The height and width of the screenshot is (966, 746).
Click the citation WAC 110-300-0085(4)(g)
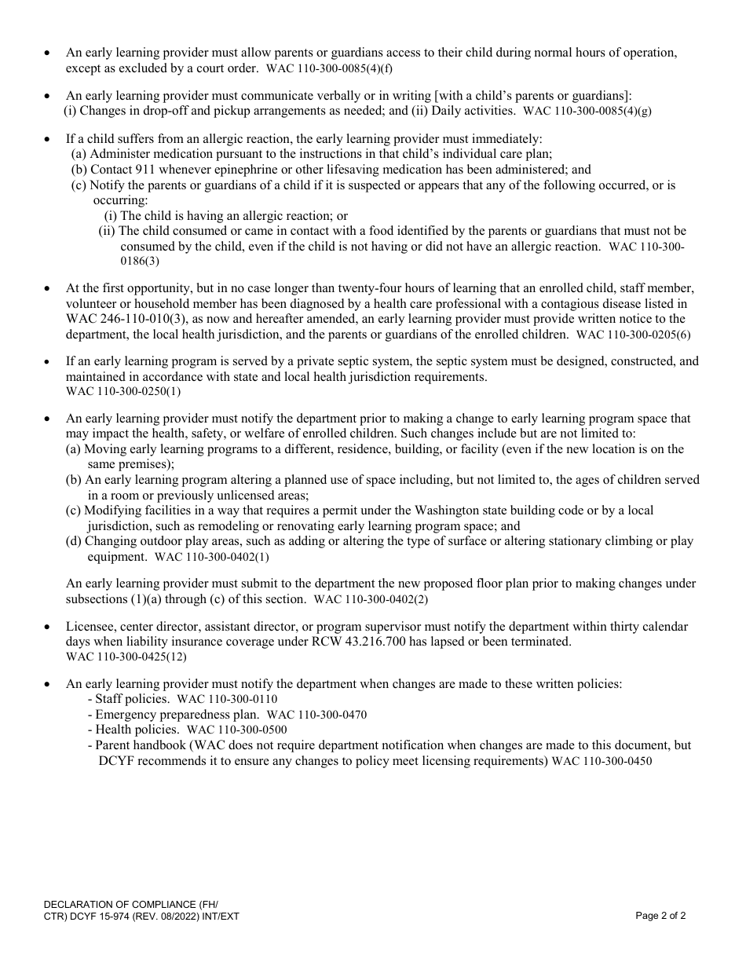(x=587, y=112)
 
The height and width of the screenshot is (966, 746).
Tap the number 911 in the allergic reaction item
(x=148, y=170)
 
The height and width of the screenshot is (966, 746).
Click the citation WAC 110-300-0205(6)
(x=634, y=335)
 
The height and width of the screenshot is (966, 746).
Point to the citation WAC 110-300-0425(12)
(x=126, y=657)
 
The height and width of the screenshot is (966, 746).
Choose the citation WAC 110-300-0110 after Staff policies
(x=228, y=699)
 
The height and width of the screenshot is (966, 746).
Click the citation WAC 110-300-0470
(x=316, y=715)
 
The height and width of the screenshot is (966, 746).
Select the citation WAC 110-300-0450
(x=602, y=762)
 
